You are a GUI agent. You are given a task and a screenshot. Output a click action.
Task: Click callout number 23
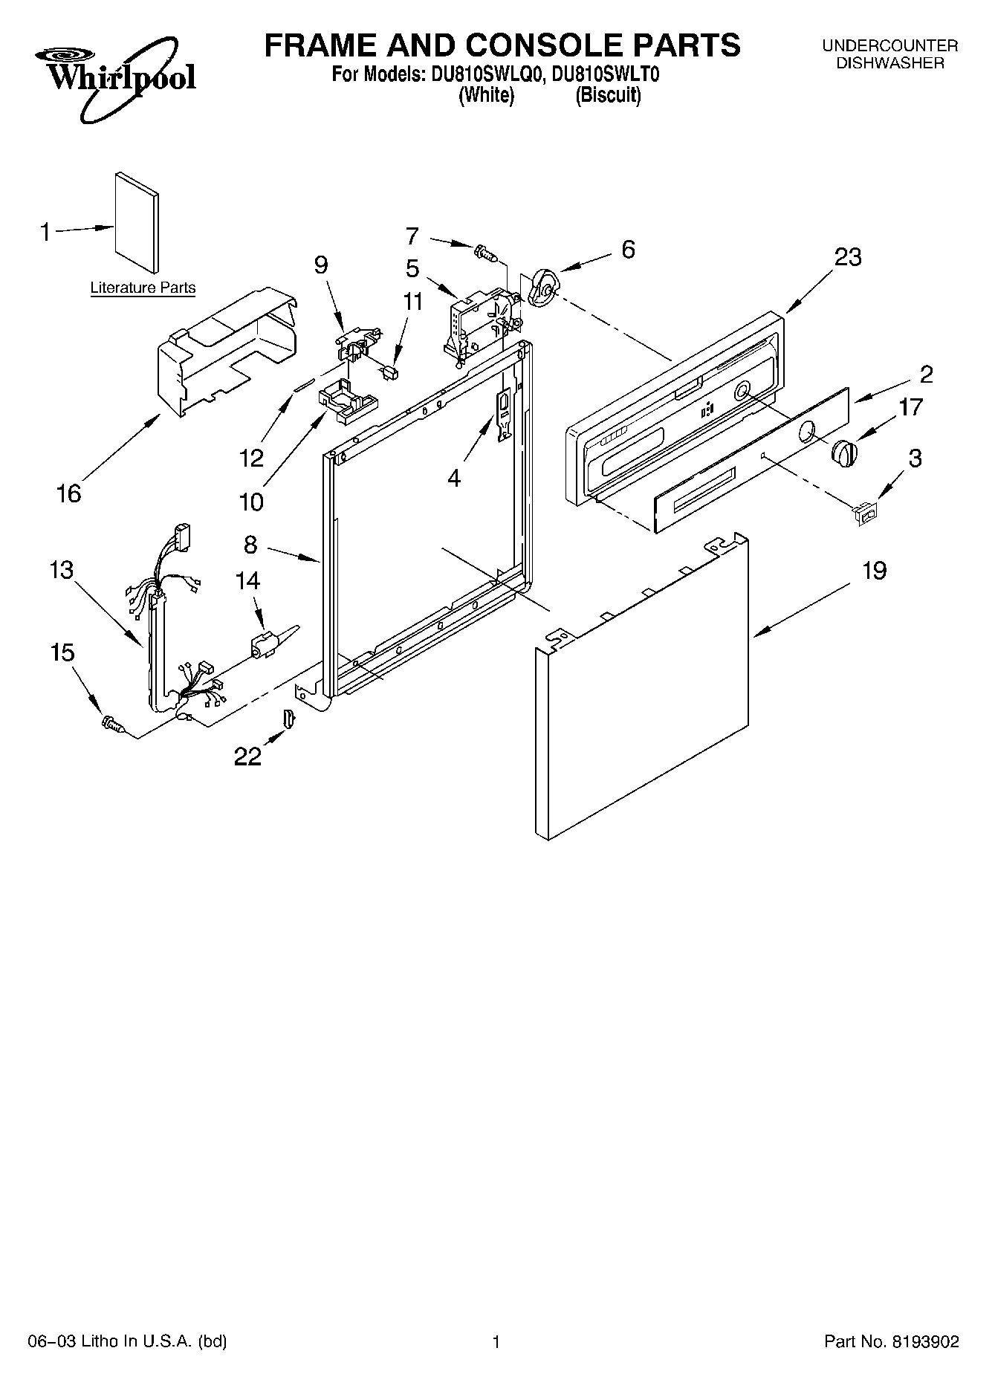click(848, 257)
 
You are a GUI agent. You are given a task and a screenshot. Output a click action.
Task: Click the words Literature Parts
click(143, 288)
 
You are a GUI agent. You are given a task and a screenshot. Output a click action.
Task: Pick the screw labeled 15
click(112, 721)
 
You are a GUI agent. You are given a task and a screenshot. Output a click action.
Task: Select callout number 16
click(68, 493)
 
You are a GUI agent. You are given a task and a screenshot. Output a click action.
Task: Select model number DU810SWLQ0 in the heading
click(485, 75)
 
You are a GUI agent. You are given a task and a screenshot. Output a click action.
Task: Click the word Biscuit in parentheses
click(608, 95)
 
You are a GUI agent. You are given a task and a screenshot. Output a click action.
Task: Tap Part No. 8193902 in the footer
click(892, 1341)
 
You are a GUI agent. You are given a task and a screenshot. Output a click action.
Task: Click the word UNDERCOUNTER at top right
click(889, 46)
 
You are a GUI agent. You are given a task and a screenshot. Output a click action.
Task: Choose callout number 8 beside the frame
click(250, 545)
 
